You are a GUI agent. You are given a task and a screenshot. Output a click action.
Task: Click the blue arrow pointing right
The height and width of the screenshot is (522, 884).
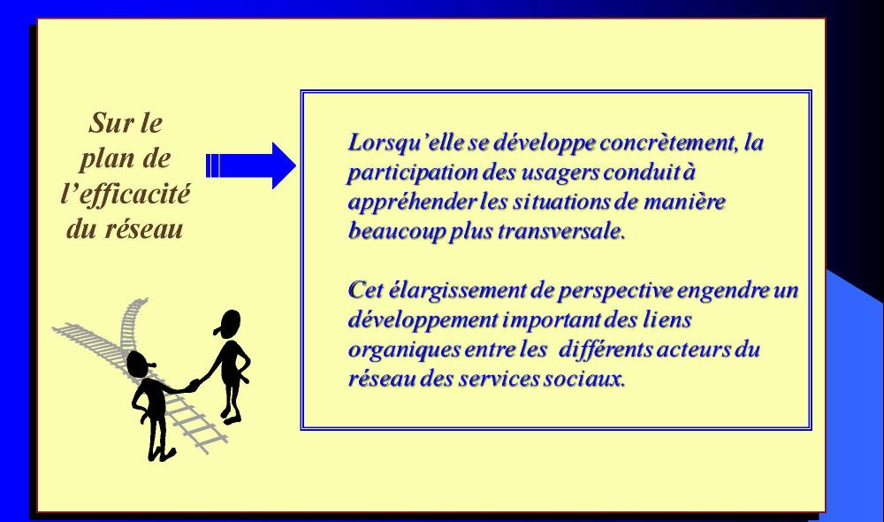[x=251, y=165]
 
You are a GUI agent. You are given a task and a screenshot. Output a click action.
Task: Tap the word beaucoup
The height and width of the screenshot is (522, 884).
[x=396, y=232]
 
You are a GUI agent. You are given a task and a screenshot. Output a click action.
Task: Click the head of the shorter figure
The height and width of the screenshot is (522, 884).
[x=139, y=364]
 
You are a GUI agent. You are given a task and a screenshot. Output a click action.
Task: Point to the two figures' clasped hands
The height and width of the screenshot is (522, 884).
[x=194, y=385]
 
